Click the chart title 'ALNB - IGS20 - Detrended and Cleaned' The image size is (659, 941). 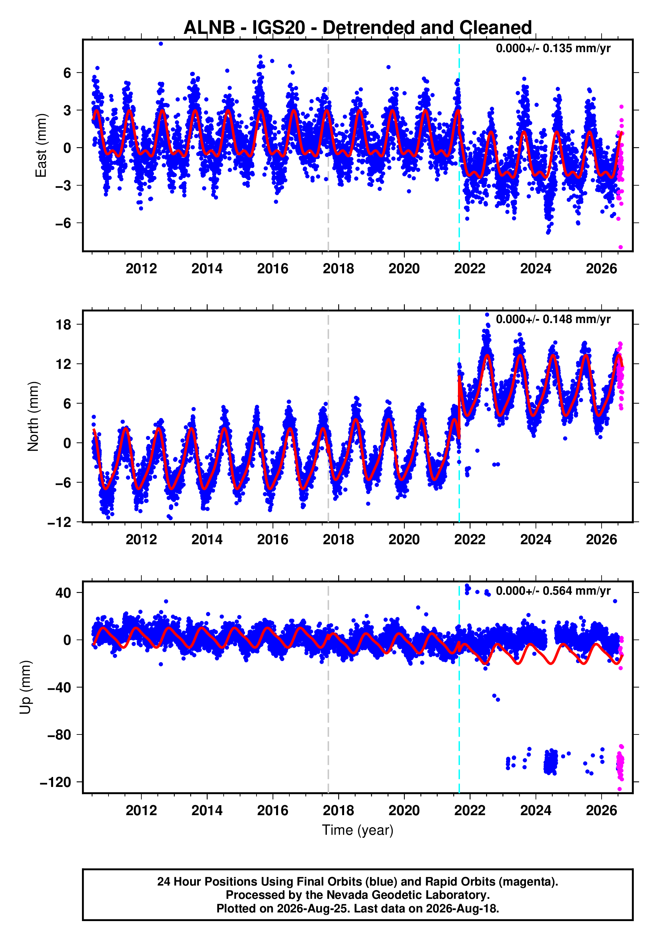pos(358,28)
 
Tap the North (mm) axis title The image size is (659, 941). pos(33,416)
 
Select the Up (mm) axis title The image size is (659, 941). pos(26,687)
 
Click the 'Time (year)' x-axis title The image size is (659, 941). pos(358,830)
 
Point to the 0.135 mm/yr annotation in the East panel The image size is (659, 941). pos(553,48)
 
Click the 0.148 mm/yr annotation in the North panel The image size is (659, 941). pos(553,319)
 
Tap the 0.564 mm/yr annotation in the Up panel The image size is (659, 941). pos(553,591)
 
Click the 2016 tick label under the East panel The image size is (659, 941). pos(273,269)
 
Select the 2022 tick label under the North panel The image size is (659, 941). pos(470,540)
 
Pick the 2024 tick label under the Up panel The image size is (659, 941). pos(536,811)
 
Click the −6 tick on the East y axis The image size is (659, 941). pos(63,223)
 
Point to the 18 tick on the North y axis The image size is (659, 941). pos(63,325)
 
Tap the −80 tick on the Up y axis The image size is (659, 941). pos(59,735)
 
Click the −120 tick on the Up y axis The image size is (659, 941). pos(56,782)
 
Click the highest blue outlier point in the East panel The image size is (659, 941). pos(161,44)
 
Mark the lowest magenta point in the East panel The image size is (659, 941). pos(621,247)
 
